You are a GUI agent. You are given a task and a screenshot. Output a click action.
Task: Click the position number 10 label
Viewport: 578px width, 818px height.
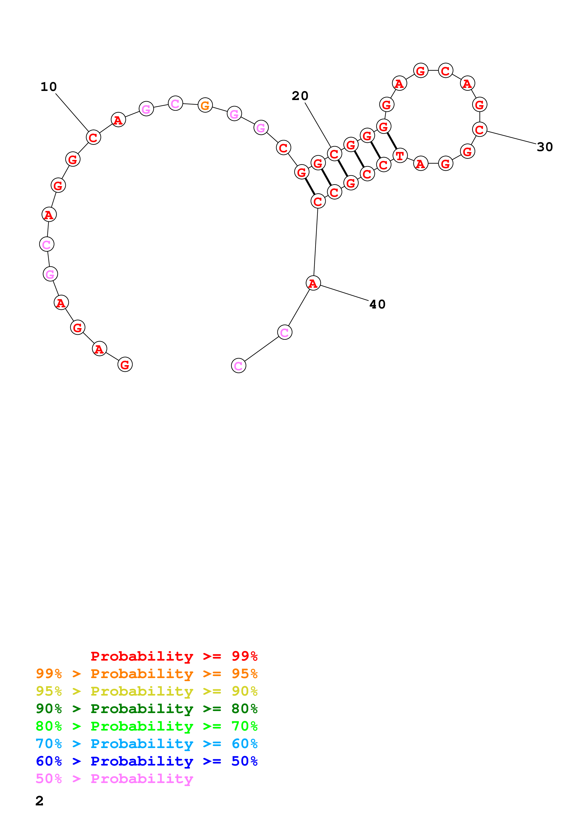click(x=48, y=87)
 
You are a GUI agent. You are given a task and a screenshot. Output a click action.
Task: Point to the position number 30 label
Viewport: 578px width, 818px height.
click(x=544, y=147)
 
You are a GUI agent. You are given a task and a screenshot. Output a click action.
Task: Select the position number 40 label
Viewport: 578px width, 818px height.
click(x=377, y=304)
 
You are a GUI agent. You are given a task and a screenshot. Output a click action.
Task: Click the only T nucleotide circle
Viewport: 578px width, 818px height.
click(x=400, y=156)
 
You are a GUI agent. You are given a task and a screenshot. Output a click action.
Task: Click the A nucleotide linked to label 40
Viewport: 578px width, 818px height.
click(x=313, y=283)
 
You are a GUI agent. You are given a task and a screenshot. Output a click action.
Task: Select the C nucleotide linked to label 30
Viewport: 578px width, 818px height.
click(x=479, y=129)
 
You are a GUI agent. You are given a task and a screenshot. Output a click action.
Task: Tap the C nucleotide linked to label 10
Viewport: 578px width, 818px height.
click(x=93, y=137)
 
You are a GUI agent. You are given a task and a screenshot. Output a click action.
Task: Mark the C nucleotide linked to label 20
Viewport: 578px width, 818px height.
click(x=334, y=154)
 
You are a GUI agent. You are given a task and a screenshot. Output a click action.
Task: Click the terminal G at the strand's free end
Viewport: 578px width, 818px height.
click(x=125, y=364)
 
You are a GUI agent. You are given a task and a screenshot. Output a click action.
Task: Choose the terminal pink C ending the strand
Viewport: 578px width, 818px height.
click(x=238, y=366)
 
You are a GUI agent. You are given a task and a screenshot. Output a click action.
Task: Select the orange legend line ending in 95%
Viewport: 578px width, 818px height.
click(x=146, y=674)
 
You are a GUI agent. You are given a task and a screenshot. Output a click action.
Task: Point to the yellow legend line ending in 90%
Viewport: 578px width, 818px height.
click(x=146, y=691)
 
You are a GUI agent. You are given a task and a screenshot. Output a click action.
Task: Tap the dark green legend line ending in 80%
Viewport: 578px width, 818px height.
click(x=146, y=709)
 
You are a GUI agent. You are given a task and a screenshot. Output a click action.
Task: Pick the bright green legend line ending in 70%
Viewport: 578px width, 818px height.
click(x=146, y=726)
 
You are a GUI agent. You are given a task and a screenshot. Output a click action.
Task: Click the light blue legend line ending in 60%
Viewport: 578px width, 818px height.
click(x=146, y=744)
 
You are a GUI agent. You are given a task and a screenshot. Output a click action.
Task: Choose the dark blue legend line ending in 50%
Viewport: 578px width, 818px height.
click(x=146, y=761)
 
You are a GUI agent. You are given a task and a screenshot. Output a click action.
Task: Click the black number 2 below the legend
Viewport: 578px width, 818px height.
click(x=40, y=801)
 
